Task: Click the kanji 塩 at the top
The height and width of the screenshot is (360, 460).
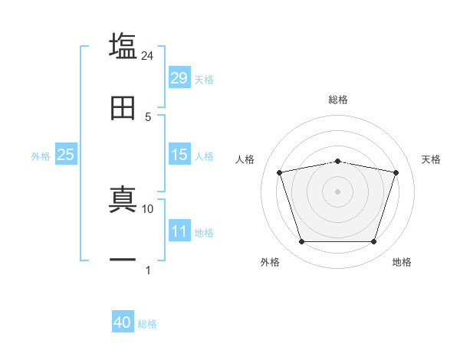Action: pos(123,46)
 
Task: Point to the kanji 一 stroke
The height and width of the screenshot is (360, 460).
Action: pos(123,260)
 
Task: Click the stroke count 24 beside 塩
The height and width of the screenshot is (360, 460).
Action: pos(148,55)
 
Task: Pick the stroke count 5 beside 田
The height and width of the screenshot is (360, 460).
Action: pos(148,116)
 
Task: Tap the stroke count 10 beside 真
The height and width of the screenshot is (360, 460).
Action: pos(148,208)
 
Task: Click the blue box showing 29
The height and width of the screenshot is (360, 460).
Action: pos(179,78)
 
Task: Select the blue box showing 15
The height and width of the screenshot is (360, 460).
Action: pos(179,155)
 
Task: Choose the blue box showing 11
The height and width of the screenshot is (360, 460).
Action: pos(179,231)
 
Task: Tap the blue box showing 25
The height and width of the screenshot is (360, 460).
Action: pos(65,155)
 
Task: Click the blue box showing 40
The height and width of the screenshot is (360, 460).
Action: pos(123,322)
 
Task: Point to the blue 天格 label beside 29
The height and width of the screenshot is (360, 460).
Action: pos(204,79)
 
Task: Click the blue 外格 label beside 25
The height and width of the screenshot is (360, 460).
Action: pos(41,155)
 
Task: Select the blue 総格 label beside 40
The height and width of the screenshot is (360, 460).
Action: pos(147,323)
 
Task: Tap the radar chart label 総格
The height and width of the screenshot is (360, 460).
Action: pos(338,100)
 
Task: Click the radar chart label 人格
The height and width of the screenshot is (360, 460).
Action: pos(245,159)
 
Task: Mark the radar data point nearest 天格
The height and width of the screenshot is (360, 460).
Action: pos(396,172)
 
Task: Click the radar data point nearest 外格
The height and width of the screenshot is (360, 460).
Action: pos(302,242)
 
